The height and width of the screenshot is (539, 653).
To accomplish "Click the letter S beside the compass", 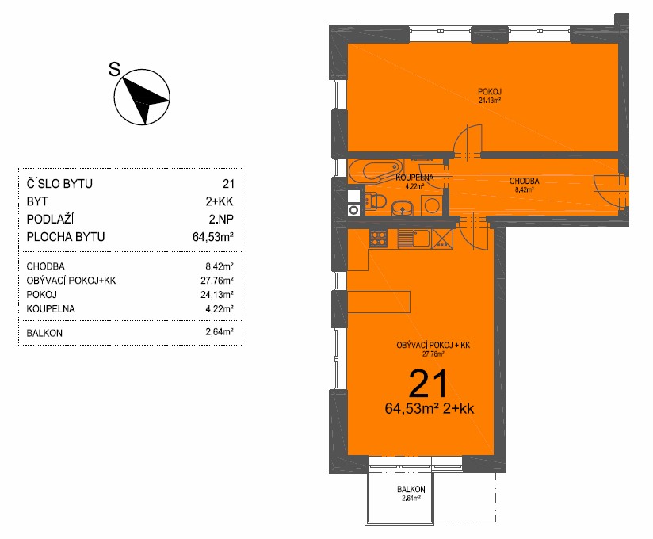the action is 115,69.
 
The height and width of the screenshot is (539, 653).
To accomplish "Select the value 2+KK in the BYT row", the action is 220,201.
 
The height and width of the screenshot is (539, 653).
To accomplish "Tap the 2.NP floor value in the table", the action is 221,219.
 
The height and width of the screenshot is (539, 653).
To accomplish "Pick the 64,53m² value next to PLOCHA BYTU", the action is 213,236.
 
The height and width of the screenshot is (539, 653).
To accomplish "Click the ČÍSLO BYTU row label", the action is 59,183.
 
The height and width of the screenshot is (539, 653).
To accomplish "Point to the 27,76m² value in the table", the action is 216,281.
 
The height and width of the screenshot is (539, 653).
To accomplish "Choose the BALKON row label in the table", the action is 44,333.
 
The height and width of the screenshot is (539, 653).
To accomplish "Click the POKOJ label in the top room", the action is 489,92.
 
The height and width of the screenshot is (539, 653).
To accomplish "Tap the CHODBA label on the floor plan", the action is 525,182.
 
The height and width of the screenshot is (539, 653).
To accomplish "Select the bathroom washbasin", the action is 403,207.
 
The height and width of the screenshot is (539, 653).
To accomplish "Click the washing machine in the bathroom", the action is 432,205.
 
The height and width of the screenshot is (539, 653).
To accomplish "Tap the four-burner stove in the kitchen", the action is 379,239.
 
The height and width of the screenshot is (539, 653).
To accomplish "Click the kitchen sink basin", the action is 421,239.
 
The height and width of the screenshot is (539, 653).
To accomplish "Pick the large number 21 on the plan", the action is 428,384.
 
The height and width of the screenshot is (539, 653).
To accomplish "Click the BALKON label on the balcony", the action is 411,489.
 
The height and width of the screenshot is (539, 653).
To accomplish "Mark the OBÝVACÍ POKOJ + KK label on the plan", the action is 433,346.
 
